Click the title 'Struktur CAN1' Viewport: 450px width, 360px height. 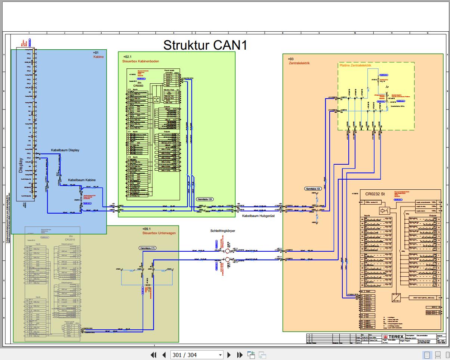pyautogui.click(x=205, y=45)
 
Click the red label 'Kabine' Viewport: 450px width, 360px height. pyautogui.click(x=98, y=57)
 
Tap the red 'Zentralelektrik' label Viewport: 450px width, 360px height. pyautogui.click(x=299, y=63)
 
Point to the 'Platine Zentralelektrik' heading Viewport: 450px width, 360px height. pyautogui.click(x=355, y=65)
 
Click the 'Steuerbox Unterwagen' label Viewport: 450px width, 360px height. pyautogui.click(x=159, y=233)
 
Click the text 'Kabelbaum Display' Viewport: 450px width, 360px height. pyautogui.click(x=65, y=150)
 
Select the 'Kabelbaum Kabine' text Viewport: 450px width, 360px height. pyautogui.click(x=81, y=180)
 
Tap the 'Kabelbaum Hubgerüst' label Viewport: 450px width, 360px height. pyautogui.click(x=258, y=215)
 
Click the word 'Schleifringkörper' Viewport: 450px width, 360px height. pyautogui.click(x=223, y=231)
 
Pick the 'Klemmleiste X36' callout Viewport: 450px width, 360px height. pyautogui.click(x=205, y=199)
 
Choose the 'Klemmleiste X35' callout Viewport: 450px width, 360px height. pyautogui.click(x=313, y=189)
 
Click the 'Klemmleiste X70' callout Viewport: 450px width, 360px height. pyautogui.click(x=147, y=248)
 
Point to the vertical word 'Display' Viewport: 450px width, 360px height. pyautogui.click(x=21, y=165)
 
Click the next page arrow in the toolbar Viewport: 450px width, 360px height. pyautogui.click(x=229, y=355)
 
